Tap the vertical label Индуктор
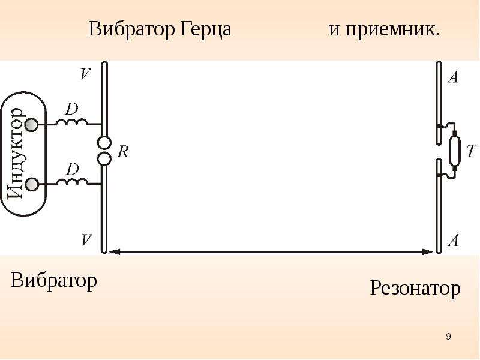click(x=16, y=154)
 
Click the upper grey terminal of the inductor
click(x=31, y=125)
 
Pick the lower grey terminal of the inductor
click(x=31, y=184)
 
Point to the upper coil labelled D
click(x=71, y=122)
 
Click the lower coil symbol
click(x=73, y=182)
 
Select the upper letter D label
click(x=72, y=109)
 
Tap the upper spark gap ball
click(x=104, y=143)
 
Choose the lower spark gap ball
click(x=104, y=158)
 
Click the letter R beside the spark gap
click(x=123, y=152)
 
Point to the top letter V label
click(x=86, y=74)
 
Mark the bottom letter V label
click(x=86, y=240)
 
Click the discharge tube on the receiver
click(x=455, y=151)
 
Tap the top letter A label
click(x=454, y=77)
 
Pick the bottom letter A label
click(x=454, y=241)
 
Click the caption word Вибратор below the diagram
click(x=54, y=281)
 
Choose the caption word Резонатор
click(x=415, y=289)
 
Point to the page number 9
click(x=448, y=337)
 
